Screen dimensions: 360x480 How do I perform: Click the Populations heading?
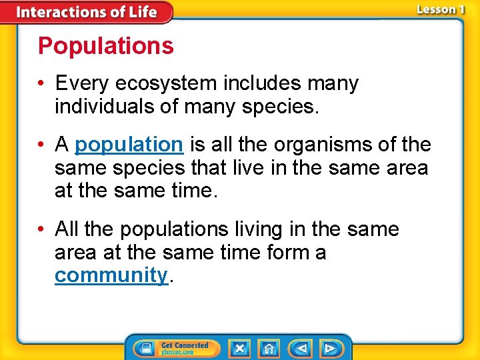[105, 46]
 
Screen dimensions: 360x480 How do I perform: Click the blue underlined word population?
[129, 144]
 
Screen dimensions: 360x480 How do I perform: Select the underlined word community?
[111, 275]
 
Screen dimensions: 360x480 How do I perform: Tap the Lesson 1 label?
[439, 9]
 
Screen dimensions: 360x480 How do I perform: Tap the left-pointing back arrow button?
[301, 348]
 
